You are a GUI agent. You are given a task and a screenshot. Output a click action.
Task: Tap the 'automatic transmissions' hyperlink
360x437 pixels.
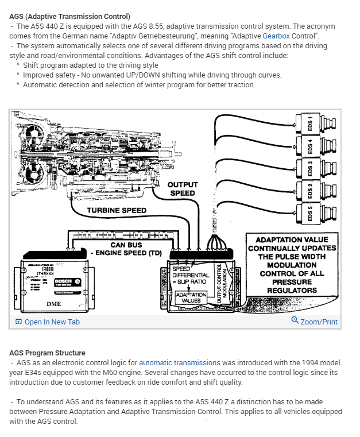coord(179,363)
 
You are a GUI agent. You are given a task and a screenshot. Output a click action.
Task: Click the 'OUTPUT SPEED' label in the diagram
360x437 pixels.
coord(182,189)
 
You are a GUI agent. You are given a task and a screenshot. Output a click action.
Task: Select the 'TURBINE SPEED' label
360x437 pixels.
coord(117,210)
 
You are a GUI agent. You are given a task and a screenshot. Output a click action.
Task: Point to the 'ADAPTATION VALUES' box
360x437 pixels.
coord(191,297)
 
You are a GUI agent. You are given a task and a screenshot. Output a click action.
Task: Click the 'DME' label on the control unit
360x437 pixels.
coord(53,303)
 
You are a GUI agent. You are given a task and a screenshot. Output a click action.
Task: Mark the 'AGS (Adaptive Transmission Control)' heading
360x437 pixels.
coord(70,16)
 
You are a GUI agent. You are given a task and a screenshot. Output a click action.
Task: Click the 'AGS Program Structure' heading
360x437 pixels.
coord(48,353)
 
